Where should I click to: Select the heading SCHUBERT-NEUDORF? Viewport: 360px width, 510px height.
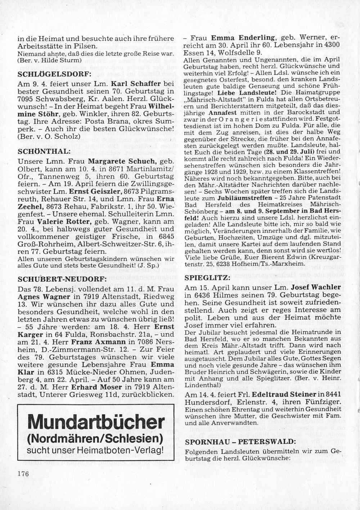pyautogui.click(x=57, y=279)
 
